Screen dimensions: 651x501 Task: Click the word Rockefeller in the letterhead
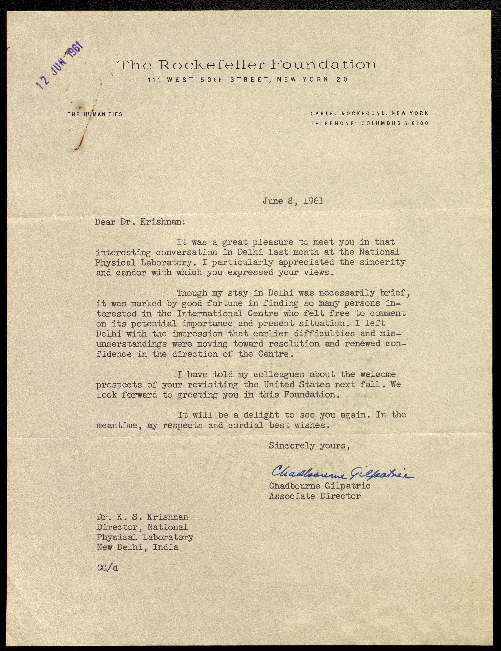pyautogui.click(x=211, y=65)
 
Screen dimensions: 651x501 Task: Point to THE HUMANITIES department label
pyautogui.click(x=95, y=114)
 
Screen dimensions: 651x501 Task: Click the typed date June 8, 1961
pyautogui.click(x=293, y=201)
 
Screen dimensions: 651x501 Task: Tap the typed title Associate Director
pyautogui.click(x=315, y=496)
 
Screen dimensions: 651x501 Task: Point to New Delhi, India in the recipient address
pyautogui.click(x=137, y=547)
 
